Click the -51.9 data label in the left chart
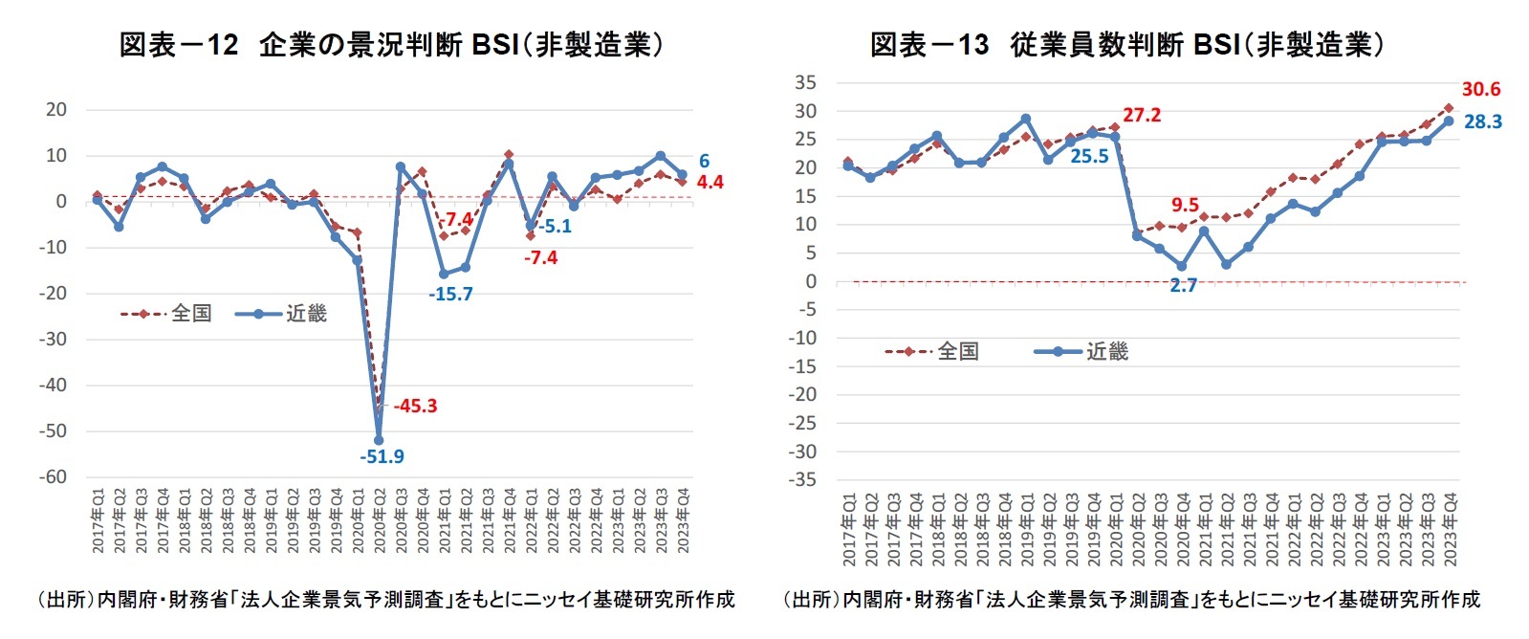tap(382, 456)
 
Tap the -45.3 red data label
tap(415, 406)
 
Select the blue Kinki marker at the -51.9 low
tap(379, 440)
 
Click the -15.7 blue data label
tap(450, 294)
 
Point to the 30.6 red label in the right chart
tap(1480, 89)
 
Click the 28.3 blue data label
tap(1482, 121)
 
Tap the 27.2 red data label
tap(1141, 115)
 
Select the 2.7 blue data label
tap(1183, 285)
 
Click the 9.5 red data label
tap(1185, 205)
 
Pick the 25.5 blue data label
tap(1089, 156)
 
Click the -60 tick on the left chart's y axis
tap(53, 476)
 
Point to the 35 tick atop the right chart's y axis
tap(805, 82)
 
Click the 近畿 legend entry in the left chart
tap(305, 313)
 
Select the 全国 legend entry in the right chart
tap(957, 351)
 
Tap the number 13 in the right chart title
tap(972, 44)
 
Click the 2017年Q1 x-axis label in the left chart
tap(98, 521)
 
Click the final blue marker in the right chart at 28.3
tap(1448, 121)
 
